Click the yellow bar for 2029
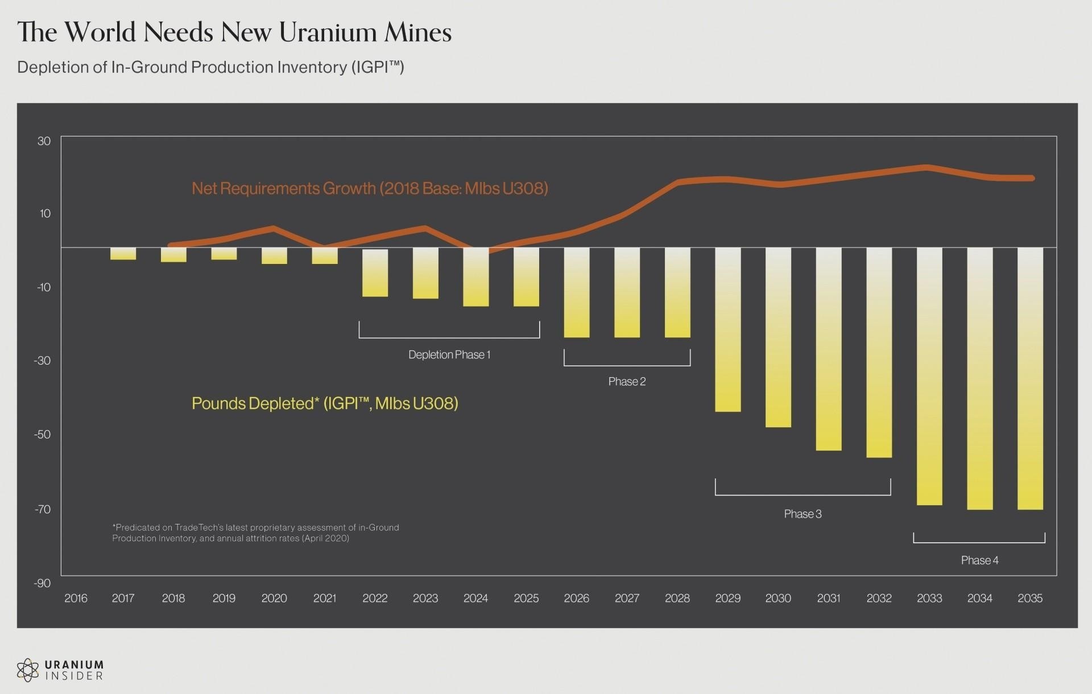[x=728, y=329]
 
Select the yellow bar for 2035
[x=1030, y=378]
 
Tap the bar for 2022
[x=375, y=272]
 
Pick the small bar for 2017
[x=123, y=254]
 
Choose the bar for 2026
[x=577, y=292]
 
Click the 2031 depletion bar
[x=829, y=349]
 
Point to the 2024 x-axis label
[x=475, y=598]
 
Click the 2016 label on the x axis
[x=76, y=598]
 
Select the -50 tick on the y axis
[x=43, y=435]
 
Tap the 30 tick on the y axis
[x=44, y=141]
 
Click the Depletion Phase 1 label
[x=449, y=355]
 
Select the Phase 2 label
[x=627, y=382]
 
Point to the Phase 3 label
[x=803, y=514]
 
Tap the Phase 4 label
[x=979, y=560]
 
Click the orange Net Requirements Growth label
[x=370, y=188]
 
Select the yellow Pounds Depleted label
[x=325, y=403]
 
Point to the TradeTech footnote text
[x=255, y=533]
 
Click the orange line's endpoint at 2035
[x=1032, y=178]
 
